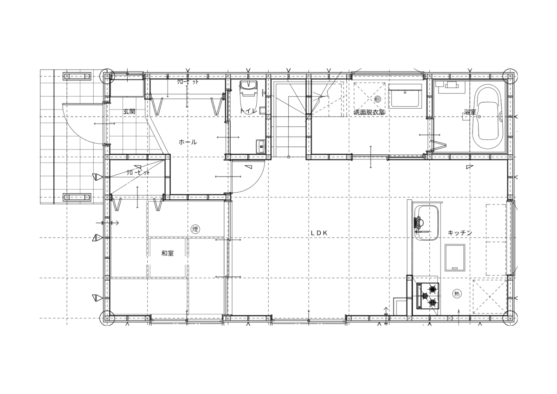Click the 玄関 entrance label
(x=130, y=112)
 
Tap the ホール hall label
(x=188, y=142)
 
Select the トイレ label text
(x=248, y=111)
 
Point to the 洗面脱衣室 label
(x=369, y=112)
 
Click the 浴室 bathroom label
(x=470, y=112)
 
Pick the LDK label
(x=319, y=233)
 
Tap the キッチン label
(x=460, y=233)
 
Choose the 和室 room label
(x=168, y=253)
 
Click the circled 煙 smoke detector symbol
(x=195, y=229)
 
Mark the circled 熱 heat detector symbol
(x=457, y=294)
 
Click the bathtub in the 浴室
(x=487, y=117)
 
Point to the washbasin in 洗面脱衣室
(x=405, y=96)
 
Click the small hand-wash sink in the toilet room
(x=261, y=147)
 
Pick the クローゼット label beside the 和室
(x=138, y=172)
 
